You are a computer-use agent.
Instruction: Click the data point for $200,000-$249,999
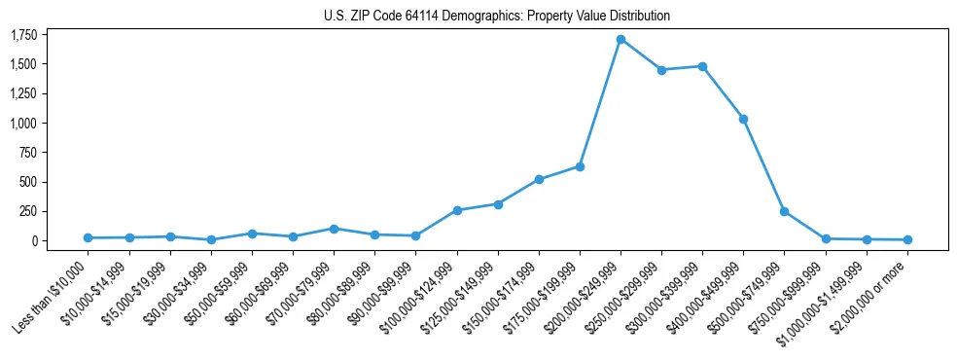(x=620, y=39)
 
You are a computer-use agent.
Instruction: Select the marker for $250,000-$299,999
(x=661, y=70)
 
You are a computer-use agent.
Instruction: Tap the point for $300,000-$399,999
(x=702, y=66)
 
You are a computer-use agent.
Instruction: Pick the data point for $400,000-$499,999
(x=743, y=119)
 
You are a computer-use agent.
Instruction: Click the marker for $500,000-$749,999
(x=784, y=211)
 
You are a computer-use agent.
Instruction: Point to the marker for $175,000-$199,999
(x=580, y=166)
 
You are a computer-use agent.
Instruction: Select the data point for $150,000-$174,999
(x=539, y=179)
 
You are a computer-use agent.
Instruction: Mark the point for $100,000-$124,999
(x=457, y=210)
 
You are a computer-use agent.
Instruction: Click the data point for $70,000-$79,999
(x=334, y=229)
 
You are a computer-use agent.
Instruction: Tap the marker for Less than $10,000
(x=89, y=237)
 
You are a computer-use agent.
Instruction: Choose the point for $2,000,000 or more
(x=907, y=239)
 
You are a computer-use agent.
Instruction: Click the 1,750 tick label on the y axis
(x=22, y=35)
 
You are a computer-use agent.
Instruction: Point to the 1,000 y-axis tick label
(x=22, y=124)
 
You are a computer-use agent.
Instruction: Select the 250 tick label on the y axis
(x=26, y=211)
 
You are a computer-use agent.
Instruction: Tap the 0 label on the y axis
(x=33, y=240)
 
